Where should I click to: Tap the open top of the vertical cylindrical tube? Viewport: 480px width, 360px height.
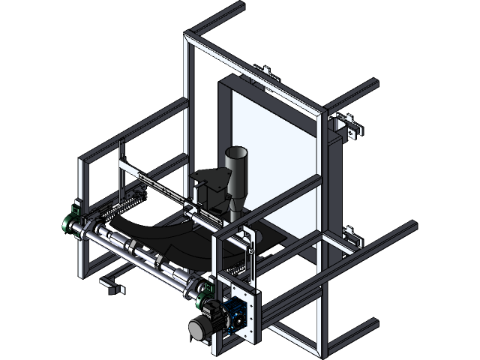coord(236,152)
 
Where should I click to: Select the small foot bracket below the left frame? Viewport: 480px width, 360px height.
coord(111,286)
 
